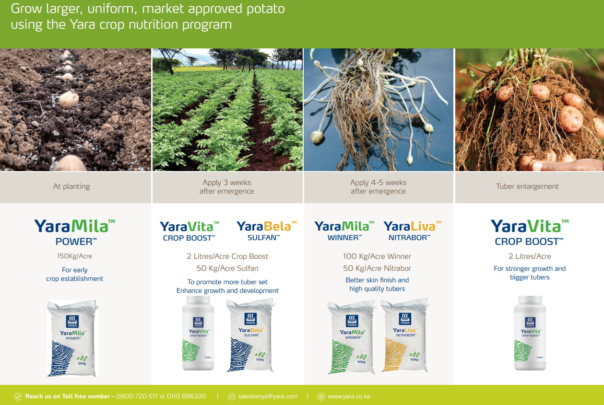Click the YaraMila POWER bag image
(72, 338)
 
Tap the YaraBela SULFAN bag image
(250, 335)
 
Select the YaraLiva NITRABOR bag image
(405, 336)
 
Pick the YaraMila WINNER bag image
(352, 337)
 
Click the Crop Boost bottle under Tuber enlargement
(530, 333)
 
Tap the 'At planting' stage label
(71, 186)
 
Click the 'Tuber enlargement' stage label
(527, 186)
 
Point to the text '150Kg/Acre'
(75, 256)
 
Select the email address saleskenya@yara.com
(268, 396)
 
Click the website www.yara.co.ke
(349, 396)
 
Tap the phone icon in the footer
(18, 397)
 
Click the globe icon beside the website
(321, 397)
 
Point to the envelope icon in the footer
(232, 397)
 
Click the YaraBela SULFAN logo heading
(267, 231)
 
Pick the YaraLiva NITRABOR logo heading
(412, 231)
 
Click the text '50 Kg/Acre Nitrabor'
(377, 268)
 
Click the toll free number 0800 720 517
(137, 396)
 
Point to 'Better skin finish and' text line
(377, 280)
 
